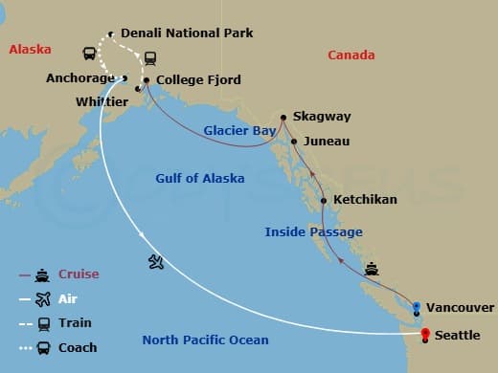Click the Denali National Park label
click(x=188, y=33)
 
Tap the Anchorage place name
click(x=80, y=78)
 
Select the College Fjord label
click(x=198, y=80)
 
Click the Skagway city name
click(x=322, y=117)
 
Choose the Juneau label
click(x=326, y=142)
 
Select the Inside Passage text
click(x=313, y=231)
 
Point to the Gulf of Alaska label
click(x=200, y=178)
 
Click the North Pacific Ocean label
click(x=205, y=340)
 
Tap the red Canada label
click(x=351, y=55)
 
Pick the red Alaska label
click(x=31, y=50)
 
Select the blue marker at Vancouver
click(x=416, y=306)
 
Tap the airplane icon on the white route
click(x=156, y=261)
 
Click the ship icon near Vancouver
click(x=371, y=269)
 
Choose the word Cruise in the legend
click(x=78, y=275)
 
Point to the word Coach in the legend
click(x=78, y=347)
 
